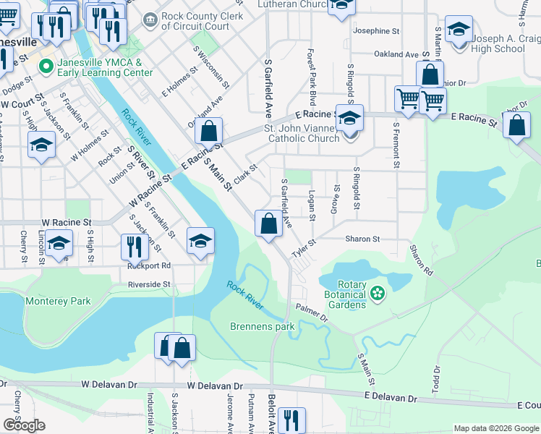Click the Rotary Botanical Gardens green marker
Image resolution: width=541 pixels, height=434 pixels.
pyautogui.click(x=376, y=293)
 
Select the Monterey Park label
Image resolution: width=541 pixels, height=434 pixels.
pyautogui.click(x=58, y=301)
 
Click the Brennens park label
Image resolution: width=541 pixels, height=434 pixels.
pyautogui.click(x=263, y=326)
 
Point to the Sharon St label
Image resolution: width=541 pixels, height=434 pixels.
pyautogui.click(x=362, y=239)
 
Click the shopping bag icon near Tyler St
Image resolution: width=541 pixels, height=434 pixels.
pyautogui.click(x=268, y=224)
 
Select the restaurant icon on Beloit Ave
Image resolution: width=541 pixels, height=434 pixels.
pyautogui.click(x=291, y=420)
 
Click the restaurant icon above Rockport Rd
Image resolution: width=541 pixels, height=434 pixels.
pyautogui.click(x=135, y=247)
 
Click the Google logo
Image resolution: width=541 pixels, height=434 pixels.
pyautogui.click(x=24, y=425)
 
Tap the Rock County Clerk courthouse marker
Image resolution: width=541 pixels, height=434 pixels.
pyautogui.click(x=150, y=18)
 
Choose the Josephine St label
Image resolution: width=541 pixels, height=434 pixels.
pyautogui.click(x=375, y=31)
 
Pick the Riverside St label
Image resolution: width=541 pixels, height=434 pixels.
pyautogui.click(x=149, y=284)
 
